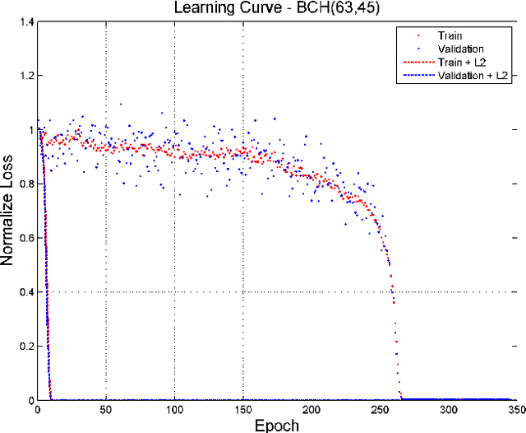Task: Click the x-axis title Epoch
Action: point(276,425)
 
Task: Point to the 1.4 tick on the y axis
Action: point(25,22)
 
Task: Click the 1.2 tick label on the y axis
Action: point(25,77)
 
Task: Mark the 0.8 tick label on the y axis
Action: point(25,184)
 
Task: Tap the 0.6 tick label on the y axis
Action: point(25,239)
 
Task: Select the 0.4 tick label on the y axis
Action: point(25,292)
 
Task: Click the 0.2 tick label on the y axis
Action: point(25,347)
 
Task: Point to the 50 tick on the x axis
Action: point(106,410)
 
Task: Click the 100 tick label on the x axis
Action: point(174,410)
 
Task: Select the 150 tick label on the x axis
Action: point(242,410)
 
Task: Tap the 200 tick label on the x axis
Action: point(311,410)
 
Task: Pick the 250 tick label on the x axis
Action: point(379,410)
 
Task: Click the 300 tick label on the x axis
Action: point(447,410)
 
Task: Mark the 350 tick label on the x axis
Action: point(514,410)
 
